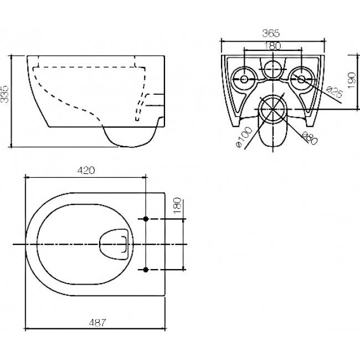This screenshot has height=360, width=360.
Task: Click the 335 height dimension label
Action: pos(4,94)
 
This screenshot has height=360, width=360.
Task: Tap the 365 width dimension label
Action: pos(271,34)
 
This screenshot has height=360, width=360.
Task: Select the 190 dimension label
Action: pos(352,80)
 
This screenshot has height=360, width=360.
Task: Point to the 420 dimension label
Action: pos(86,171)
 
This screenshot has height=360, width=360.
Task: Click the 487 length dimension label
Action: pos(97,322)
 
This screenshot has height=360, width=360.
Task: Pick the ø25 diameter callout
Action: pos(335,92)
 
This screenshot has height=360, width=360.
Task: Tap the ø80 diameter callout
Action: pos(309,138)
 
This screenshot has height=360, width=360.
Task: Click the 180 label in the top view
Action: pos(178,205)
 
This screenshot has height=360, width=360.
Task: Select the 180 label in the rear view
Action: pos(272,46)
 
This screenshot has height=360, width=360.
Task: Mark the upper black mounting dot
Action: pos(146,219)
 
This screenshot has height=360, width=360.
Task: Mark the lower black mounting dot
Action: pos(146,270)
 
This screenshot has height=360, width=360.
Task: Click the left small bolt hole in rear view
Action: pos(244,79)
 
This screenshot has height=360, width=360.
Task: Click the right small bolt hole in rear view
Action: pos(301,79)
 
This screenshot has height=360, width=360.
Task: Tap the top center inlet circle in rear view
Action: pos(272,69)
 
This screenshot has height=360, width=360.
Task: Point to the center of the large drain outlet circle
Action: pos(272,109)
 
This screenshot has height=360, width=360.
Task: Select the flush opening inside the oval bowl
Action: pos(114,244)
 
